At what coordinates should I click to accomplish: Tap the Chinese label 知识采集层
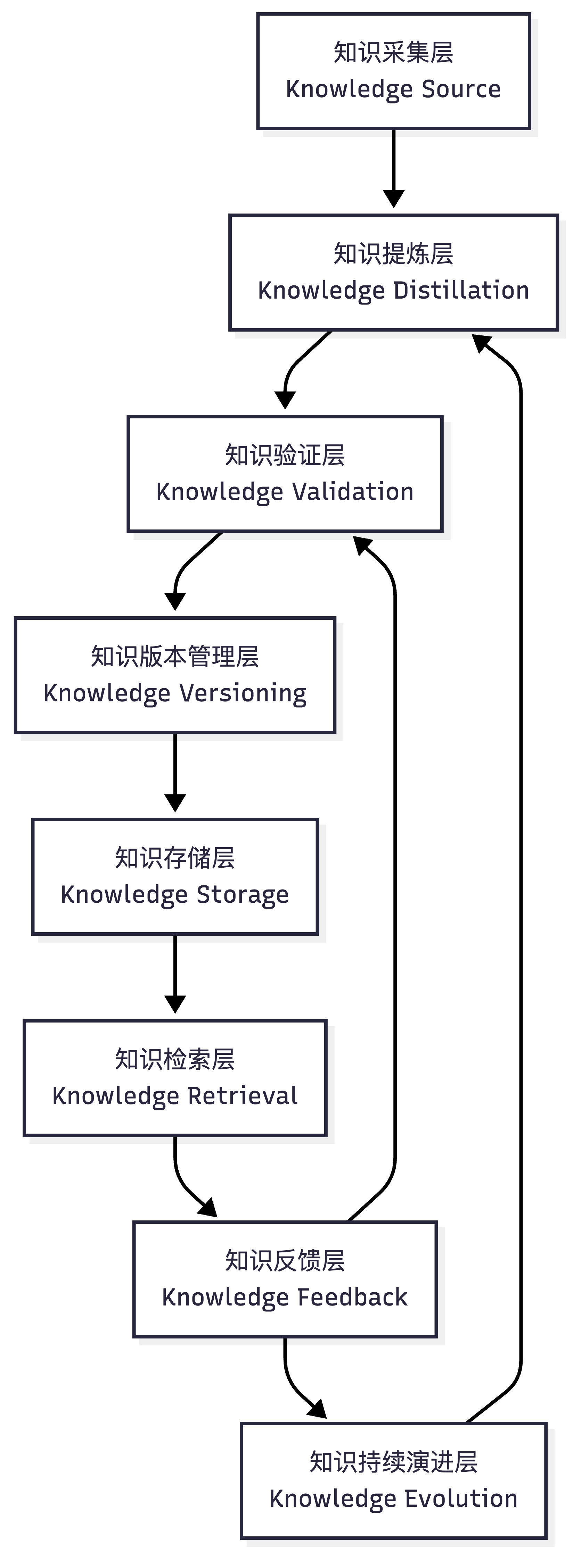(x=393, y=52)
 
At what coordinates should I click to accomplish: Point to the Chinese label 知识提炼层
(x=393, y=254)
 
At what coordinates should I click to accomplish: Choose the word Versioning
(x=243, y=693)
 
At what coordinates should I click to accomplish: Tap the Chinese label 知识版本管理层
(x=175, y=657)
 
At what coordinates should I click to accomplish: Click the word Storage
(x=243, y=895)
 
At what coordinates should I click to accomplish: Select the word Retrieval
(x=243, y=1096)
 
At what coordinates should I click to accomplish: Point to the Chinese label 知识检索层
(x=175, y=1059)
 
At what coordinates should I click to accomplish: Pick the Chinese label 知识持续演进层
(x=393, y=1462)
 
